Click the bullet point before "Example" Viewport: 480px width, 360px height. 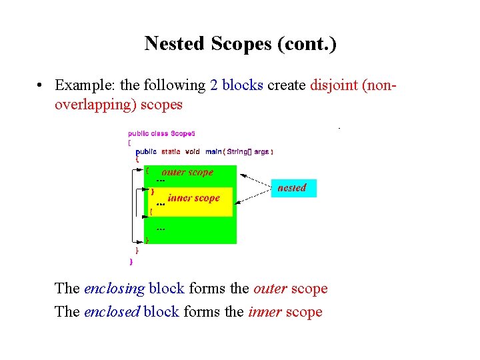coord(41,85)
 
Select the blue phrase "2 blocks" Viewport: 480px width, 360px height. coord(236,85)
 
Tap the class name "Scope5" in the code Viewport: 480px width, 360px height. coord(183,133)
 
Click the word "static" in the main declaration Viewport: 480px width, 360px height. coord(171,151)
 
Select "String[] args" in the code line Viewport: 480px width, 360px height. coord(248,151)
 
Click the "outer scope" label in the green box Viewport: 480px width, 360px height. coord(187,172)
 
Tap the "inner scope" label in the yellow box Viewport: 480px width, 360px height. coord(193,197)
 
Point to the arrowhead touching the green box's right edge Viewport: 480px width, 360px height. coord(241,175)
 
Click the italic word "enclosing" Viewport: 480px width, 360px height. coord(114,289)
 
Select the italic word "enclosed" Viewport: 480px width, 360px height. coord(112,312)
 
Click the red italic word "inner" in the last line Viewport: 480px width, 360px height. coord(265,312)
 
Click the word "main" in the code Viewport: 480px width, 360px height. coord(213,151)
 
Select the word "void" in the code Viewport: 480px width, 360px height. coord(193,151)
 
